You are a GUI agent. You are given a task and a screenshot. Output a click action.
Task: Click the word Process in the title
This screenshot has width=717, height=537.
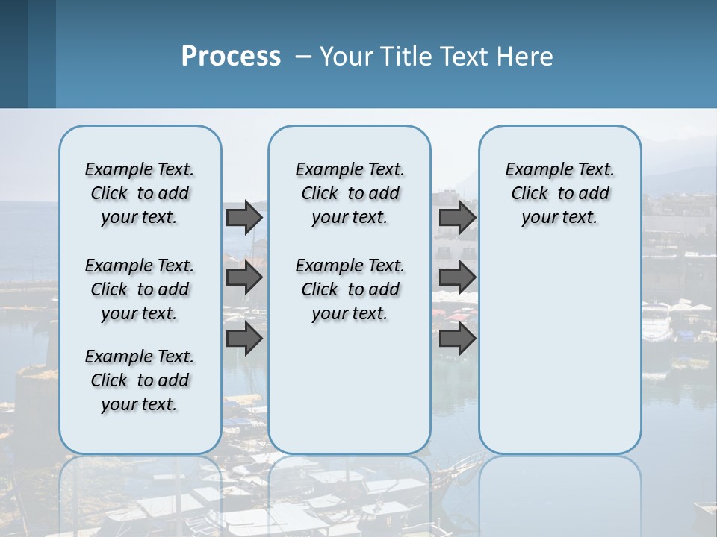(231, 57)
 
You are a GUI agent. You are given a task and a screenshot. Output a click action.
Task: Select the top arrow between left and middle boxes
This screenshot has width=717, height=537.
(244, 217)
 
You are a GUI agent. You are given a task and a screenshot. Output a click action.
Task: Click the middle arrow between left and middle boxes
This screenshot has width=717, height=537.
(244, 277)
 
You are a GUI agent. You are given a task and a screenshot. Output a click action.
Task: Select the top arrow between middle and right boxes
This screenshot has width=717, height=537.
(457, 217)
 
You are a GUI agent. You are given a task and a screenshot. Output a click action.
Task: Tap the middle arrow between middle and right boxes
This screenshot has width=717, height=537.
(457, 277)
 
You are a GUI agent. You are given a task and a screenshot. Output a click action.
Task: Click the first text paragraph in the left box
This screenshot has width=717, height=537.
(140, 193)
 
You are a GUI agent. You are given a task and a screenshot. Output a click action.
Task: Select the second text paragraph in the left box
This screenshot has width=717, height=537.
(140, 289)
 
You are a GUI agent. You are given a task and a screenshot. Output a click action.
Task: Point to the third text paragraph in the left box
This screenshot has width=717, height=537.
(140, 380)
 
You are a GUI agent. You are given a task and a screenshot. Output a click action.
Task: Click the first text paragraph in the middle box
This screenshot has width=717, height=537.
(350, 193)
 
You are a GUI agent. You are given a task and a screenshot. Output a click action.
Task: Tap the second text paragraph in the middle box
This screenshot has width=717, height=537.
(350, 289)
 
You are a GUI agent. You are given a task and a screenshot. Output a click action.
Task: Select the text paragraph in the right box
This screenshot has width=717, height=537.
(559, 193)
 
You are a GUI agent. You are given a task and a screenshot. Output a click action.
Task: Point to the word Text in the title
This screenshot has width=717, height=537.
(468, 57)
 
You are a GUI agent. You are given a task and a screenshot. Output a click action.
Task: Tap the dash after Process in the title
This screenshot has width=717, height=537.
(303, 57)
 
